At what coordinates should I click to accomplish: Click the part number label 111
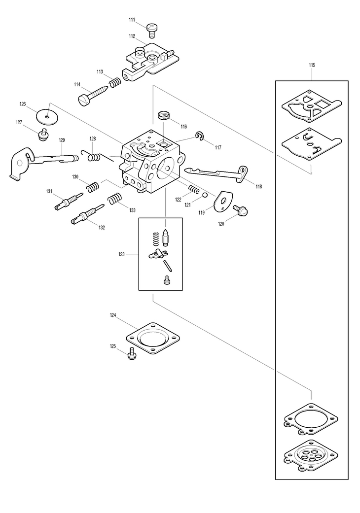[x=132, y=20]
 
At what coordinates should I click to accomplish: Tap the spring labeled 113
[x=114, y=82]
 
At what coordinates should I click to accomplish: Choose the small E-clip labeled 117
[x=200, y=137]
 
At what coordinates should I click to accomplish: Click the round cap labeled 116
[x=164, y=116]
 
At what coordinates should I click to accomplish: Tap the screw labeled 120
[x=242, y=210]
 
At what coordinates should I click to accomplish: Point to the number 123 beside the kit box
[x=121, y=254]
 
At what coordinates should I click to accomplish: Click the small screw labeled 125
[x=131, y=353]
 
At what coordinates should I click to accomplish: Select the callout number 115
[x=312, y=65]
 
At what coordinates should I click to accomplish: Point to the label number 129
[x=62, y=140]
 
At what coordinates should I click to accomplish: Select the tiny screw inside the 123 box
[x=167, y=280]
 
